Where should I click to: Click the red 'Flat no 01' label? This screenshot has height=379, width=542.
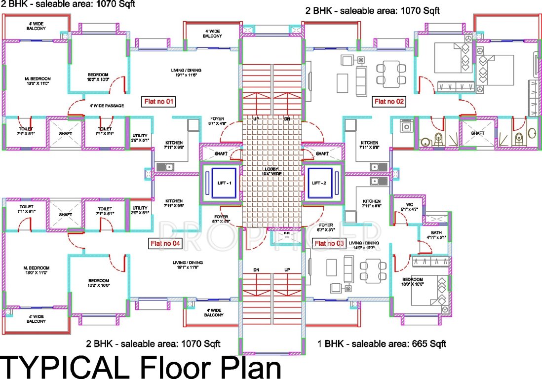coord(158,102)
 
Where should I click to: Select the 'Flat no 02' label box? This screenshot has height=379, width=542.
coord(389,102)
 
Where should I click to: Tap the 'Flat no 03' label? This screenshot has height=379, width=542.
coord(328,243)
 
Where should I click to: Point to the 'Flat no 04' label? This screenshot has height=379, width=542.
coord(165,243)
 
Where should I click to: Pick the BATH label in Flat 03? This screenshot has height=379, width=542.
coord(436,232)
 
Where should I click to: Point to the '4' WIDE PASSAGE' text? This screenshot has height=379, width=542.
coord(107,106)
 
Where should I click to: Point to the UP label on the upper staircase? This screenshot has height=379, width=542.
coord(256,119)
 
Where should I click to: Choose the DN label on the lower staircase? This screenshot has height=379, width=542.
coord(256,270)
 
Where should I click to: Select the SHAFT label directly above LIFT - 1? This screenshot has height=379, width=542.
coord(221,153)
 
